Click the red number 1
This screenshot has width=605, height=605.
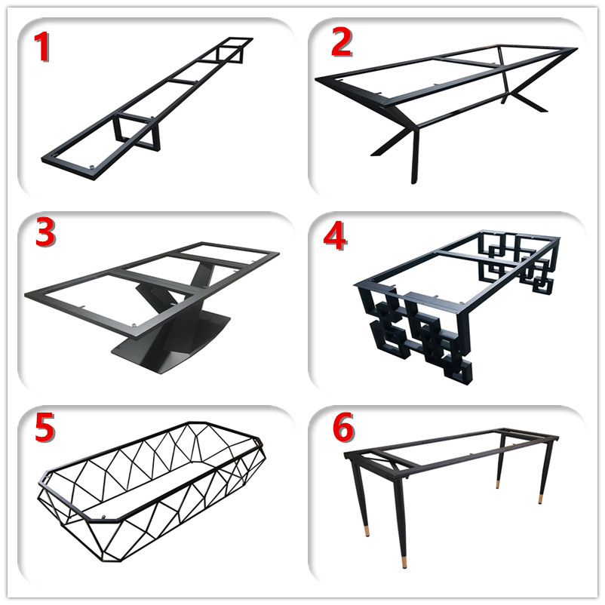point(42,47)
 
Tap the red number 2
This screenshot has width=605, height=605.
point(342,43)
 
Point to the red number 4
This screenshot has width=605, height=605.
point(334,237)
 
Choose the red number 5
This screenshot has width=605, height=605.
point(45,427)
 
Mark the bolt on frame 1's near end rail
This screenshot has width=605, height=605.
point(92,167)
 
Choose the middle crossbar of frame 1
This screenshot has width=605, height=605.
point(182,81)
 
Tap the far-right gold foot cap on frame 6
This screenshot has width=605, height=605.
point(541,499)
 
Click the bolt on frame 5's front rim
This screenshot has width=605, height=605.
point(103,517)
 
